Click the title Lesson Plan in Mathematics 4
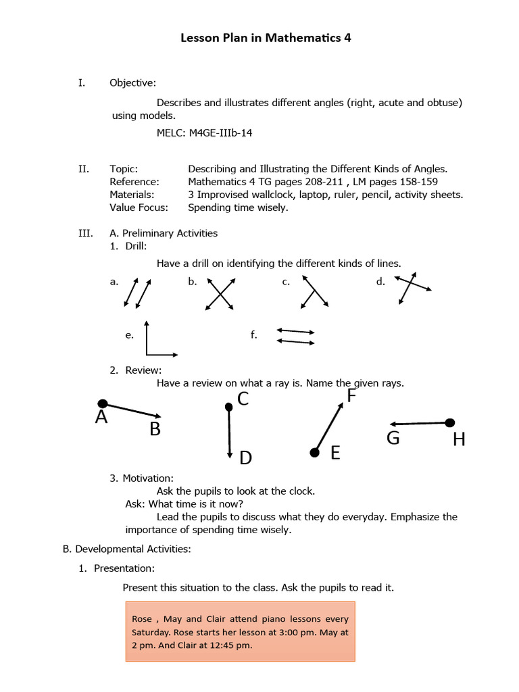[x=266, y=39]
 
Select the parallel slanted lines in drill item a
[x=138, y=293]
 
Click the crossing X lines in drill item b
[x=219, y=294]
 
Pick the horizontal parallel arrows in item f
[x=295, y=337]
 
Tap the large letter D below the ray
[x=245, y=459]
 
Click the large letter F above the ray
[x=351, y=396]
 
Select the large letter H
[x=459, y=441]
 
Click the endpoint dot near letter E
[x=314, y=452]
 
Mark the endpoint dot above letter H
[x=450, y=423]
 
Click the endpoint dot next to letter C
[x=228, y=406]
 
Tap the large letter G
[x=393, y=439]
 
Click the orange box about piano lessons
[x=239, y=632]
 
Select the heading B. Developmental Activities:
[x=126, y=549]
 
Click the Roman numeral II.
[x=84, y=169]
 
